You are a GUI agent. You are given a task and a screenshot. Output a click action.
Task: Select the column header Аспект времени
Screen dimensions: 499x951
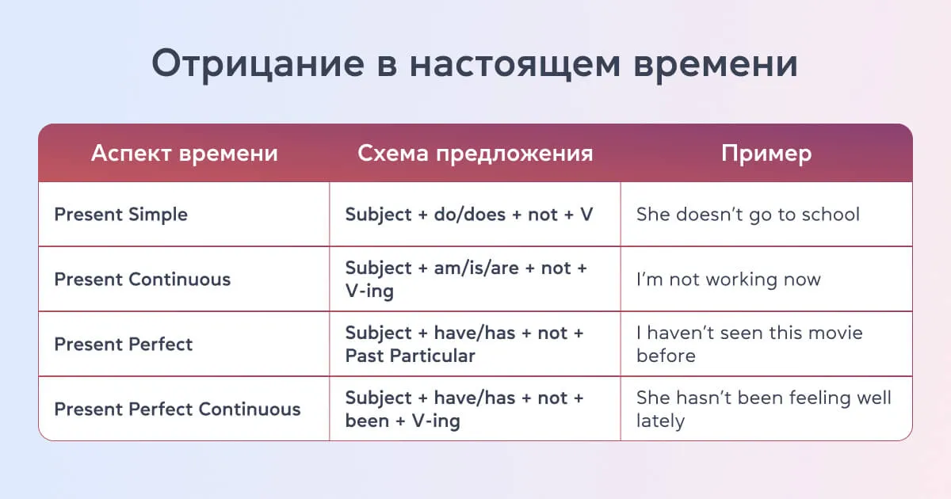click(x=184, y=153)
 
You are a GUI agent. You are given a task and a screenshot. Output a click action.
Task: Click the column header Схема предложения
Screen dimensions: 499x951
click(x=475, y=153)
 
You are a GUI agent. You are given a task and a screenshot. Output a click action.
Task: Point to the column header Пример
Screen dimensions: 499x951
click(x=766, y=153)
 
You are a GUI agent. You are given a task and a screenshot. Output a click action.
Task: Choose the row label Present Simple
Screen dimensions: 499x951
click(x=120, y=215)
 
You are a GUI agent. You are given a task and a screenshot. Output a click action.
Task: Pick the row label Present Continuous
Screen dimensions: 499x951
click(x=142, y=280)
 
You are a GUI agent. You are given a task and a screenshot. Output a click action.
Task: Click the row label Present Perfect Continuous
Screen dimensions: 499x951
click(x=177, y=409)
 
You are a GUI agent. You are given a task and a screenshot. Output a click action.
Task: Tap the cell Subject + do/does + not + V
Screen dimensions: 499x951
click(x=468, y=215)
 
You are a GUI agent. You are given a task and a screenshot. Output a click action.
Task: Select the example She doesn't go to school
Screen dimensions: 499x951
click(x=747, y=215)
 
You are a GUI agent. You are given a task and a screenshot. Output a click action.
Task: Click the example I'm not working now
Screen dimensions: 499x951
click(x=728, y=280)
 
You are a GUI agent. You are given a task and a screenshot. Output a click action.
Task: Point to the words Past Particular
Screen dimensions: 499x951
click(x=410, y=356)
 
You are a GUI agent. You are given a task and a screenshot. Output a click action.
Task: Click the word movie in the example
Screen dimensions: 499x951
click(x=834, y=333)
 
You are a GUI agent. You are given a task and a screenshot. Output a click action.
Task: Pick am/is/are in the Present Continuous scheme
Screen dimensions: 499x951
click(x=476, y=269)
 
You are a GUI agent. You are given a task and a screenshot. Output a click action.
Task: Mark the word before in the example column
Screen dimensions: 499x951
click(x=666, y=356)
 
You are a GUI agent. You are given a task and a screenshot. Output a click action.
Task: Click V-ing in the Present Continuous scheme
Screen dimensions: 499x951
click(x=369, y=291)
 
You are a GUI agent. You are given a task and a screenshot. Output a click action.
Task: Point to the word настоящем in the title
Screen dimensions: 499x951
click(x=512, y=64)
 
